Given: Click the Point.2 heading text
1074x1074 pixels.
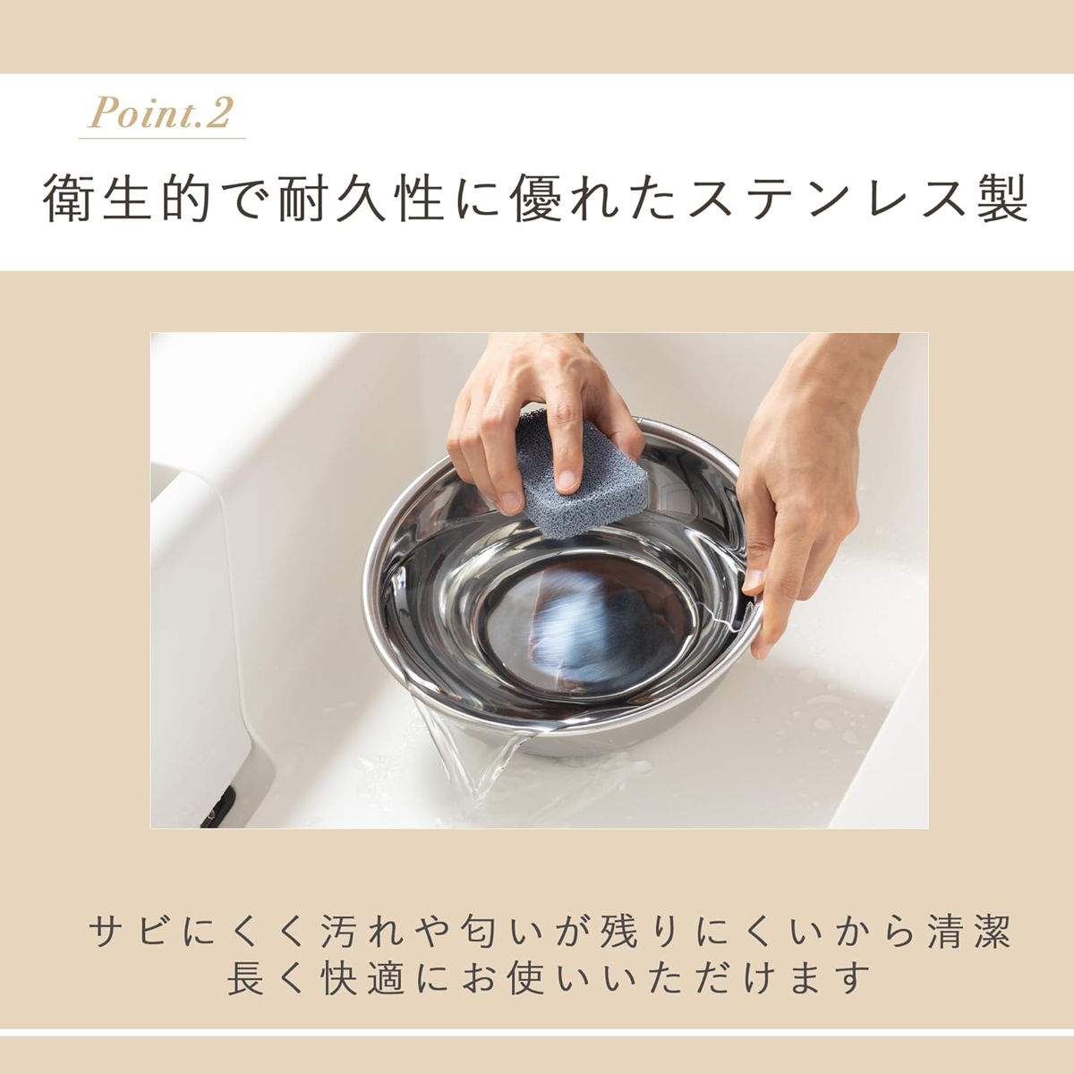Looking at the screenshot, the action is pyautogui.click(x=160, y=113).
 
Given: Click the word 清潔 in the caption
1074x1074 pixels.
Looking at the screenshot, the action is pyautogui.click(x=969, y=931).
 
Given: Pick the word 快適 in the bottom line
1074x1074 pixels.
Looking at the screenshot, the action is pyautogui.click(x=362, y=977).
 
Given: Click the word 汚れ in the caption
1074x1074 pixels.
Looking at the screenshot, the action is pyautogui.click(x=364, y=931).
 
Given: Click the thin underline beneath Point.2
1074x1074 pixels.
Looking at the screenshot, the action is pyautogui.click(x=162, y=138).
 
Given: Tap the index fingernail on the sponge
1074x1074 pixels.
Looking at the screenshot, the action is pyautogui.click(x=567, y=480).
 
